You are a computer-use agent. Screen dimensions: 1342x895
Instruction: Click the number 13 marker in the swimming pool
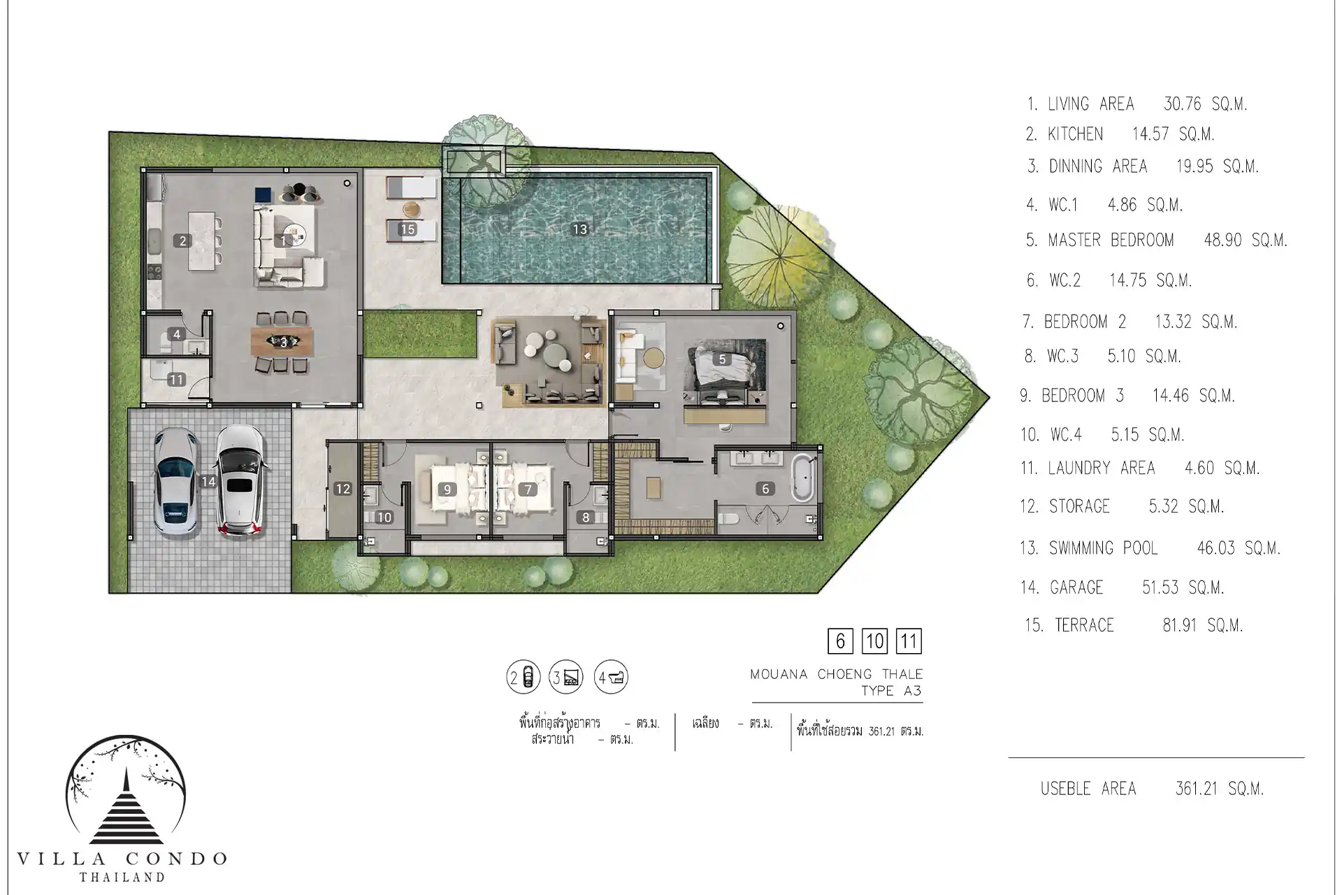(x=579, y=229)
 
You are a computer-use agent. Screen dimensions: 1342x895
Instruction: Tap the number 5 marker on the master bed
(x=723, y=359)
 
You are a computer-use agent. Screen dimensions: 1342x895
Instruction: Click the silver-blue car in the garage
(x=175, y=485)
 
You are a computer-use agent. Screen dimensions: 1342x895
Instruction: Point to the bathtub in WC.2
(x=802, y=477)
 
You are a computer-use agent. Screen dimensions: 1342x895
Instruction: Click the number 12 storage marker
(x=342, y=489)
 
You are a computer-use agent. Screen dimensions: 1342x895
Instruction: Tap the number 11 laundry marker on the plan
(x=176, y=380)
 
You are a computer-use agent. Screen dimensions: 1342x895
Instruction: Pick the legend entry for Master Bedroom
(x=1156, y=241)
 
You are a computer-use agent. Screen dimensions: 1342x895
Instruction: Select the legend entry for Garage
(x=1122, y=587)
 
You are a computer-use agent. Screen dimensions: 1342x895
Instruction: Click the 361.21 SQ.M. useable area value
(x=1220, y=789)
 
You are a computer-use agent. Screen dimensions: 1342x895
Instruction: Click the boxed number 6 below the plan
(x=840, y=640)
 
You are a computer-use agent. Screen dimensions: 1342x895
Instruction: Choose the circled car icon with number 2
(x=524, y=677)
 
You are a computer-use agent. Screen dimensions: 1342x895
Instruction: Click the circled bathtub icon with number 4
(x=612, y=677)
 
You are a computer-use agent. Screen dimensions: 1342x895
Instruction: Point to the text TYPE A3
(x=891, y=691)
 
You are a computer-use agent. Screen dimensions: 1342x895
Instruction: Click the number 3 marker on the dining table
(x=284, y=343)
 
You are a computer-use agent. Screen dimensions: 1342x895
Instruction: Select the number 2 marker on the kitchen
(x=183, y=241)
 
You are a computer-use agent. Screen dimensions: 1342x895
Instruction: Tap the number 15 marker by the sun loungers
(x=407, y=229)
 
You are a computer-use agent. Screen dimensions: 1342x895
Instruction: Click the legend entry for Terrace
(x=1134, y=625)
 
